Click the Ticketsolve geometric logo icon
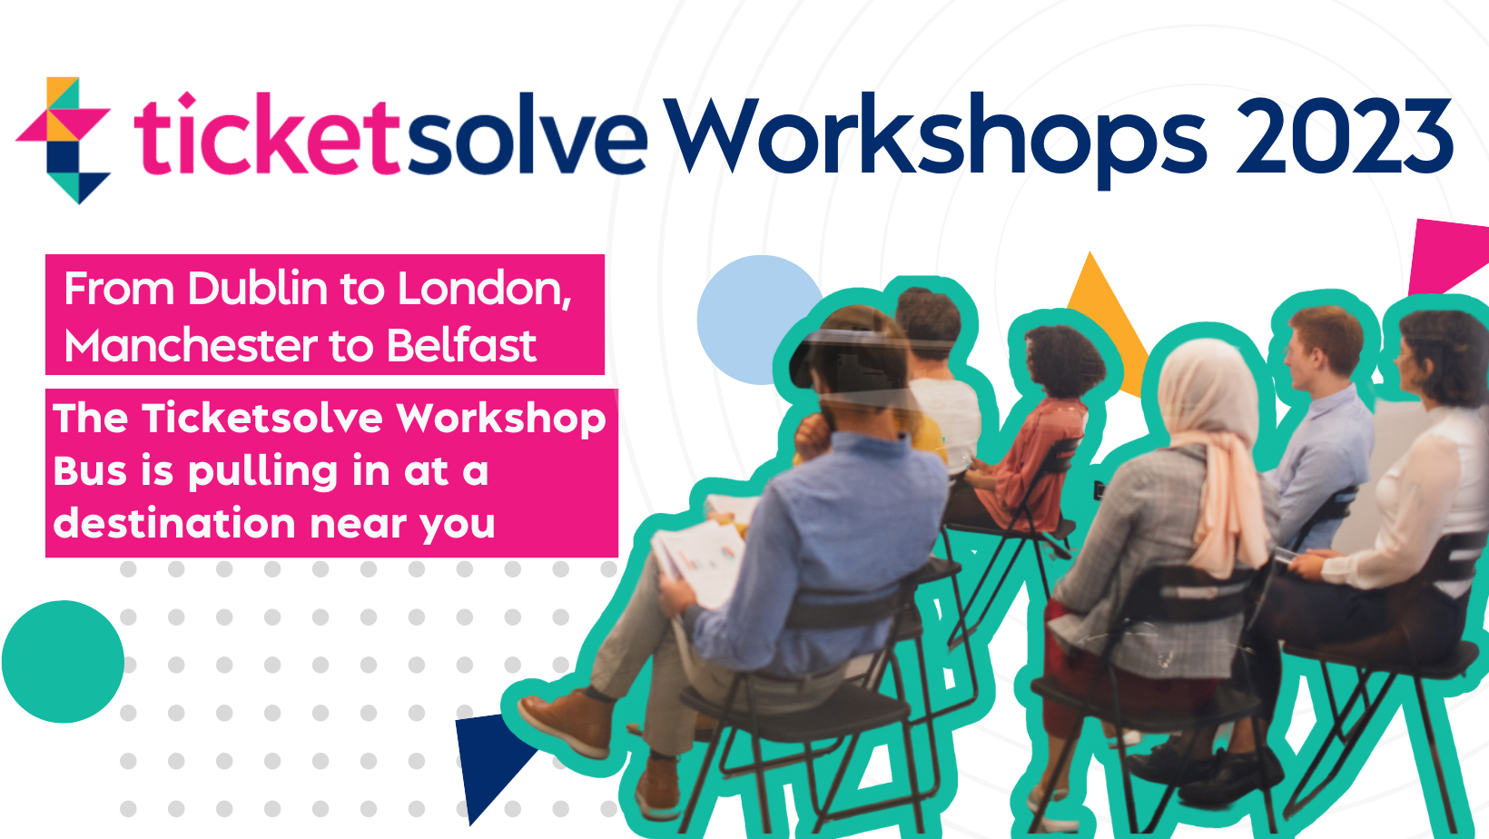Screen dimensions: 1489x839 pos(64,140)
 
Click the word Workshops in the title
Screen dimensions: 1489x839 pos(935,140)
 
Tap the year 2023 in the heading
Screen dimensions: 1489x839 pos(1345,135)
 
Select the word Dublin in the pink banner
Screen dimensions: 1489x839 pos(258,289)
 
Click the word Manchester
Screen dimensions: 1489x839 pos(191,346)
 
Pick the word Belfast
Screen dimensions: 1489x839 pos(461,346)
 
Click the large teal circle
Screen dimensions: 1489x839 pos(64,662)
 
